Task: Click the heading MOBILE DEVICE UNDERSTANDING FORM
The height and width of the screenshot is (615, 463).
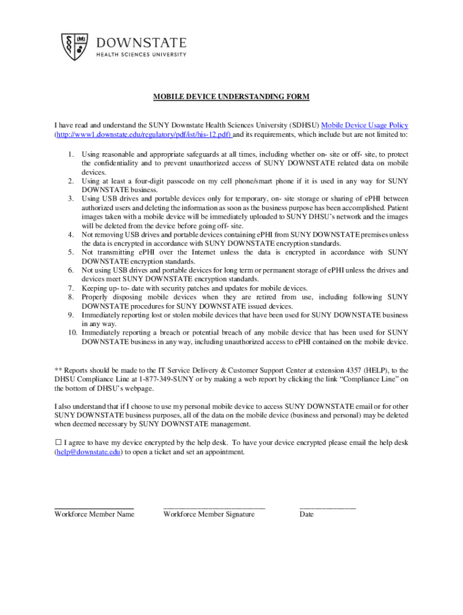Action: click(x=231, y=97)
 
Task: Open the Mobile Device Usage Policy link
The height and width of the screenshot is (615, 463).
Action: click(x=365, y=125)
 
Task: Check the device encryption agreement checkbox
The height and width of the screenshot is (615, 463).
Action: click(x=58, y=443)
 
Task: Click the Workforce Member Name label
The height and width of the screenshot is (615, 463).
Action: click(x=94, y=514)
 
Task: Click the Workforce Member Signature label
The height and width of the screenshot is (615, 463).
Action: click(x=209, y=514)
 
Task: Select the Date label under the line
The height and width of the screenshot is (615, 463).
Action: click(x=307, y=514)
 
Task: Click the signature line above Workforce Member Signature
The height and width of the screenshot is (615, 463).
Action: click(x=213, y=507)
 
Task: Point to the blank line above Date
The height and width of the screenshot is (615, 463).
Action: click(x=328, y=507)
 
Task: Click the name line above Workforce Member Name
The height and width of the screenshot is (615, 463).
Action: click(x=94, y=507)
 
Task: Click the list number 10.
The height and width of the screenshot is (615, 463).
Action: click(x=72, y=332)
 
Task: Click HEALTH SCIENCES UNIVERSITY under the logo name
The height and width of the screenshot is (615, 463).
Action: click(x=142, y=55)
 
